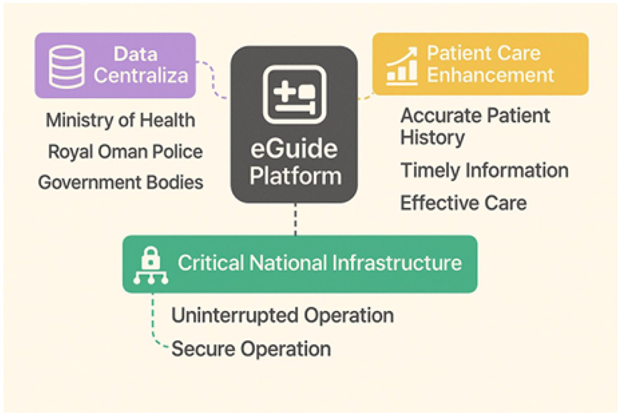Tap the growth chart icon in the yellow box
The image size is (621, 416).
(402, 65)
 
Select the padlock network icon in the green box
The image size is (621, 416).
(150, 264)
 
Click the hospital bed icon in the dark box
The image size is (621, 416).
(294, 95)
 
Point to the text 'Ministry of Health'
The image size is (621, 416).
(120, 121)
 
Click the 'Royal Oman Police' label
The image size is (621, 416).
(126, 152)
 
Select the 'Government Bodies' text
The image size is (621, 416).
(121, 182)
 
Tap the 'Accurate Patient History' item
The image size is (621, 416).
(475, 126)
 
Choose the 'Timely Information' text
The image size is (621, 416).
(484, 170)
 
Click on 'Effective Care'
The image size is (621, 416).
(463, 202)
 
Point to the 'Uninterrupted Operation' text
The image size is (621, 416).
(283, 315)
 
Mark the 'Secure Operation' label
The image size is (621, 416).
(251, 348)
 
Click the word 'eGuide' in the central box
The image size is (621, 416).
(294, 150)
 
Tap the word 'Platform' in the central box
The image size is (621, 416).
(295, 175)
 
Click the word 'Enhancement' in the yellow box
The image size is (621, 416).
(490, 74)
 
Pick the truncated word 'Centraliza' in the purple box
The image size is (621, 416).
(141, 75)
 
